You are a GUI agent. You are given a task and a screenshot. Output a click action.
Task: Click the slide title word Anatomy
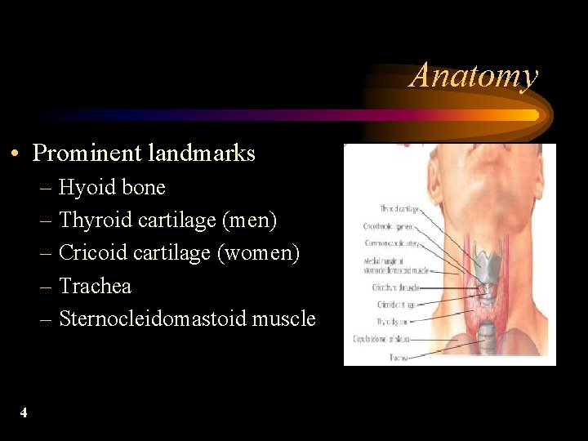(474, 76)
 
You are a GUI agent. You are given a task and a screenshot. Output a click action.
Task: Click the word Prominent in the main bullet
(87, 153)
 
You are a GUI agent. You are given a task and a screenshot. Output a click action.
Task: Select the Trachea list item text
(95, 287)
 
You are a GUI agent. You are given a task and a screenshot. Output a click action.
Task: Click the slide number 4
(24, 412)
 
